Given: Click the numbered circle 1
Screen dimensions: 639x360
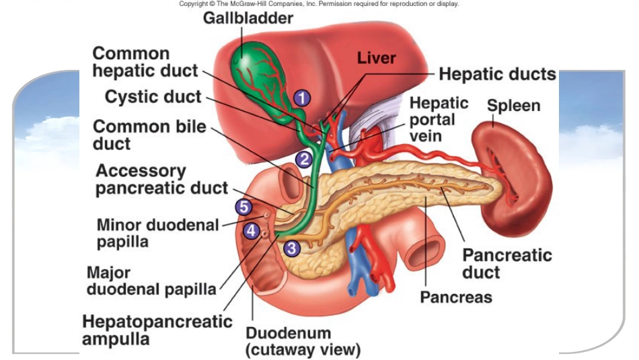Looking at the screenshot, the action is tap(302, 98).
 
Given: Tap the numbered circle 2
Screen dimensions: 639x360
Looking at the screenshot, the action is tap(304, 159).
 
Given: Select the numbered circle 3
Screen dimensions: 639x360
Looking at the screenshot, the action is tap(292, 248).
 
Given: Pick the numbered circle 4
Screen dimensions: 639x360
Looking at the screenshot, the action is tap(252, 231).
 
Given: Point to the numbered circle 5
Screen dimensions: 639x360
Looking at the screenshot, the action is tap(243, 207).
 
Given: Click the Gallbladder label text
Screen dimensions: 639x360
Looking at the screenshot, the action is tap(248, 18).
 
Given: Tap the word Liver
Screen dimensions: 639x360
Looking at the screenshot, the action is tap(376, 58).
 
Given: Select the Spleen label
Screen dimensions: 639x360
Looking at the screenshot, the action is tap(513, 106).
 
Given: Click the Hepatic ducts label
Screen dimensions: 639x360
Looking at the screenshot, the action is tap(497, 74).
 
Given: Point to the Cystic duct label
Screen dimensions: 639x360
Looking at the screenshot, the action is tap(153, 97).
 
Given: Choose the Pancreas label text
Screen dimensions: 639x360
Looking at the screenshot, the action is tap(456, 297).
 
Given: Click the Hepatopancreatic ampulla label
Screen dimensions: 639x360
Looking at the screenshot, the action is tap(157, 330).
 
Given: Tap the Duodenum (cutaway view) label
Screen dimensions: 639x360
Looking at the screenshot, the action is tap(303, 342).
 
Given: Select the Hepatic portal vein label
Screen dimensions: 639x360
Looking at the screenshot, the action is tap(439, 120).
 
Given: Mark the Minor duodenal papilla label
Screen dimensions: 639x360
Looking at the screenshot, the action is tap(157, 233).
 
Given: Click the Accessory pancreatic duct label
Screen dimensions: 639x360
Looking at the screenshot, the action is tap(161, 180).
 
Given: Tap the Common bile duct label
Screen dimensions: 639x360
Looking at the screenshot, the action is tap(149, 135).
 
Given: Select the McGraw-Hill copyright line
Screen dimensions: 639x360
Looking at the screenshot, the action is tap(319, 3).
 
